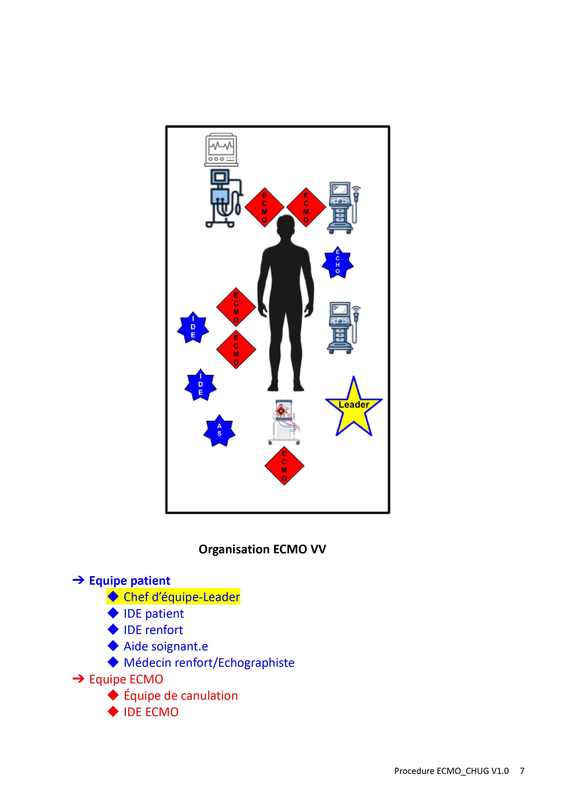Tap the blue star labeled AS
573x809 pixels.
219,431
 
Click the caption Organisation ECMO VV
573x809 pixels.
262,549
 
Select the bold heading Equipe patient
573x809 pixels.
129,581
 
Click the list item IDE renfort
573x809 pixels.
153,630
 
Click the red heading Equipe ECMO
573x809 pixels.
126,679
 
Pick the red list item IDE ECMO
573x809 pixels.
151,712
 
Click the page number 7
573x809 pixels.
522,771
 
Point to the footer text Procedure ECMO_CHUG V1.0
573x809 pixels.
451,771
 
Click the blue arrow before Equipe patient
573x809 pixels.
78,580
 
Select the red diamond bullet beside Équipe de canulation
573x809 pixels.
113,695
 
